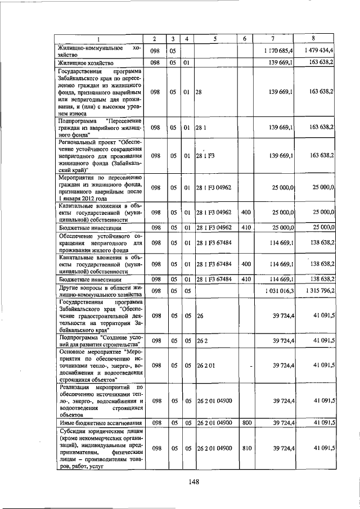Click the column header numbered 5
215,38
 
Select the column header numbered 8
313,38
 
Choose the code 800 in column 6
245,422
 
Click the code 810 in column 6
245,448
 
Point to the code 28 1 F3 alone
205,156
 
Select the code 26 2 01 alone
206,365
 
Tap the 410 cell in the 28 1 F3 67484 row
245,279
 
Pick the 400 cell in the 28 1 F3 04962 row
245,213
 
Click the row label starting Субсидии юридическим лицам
98,448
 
